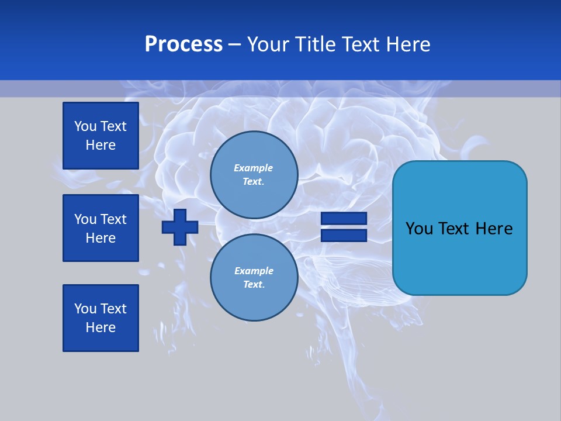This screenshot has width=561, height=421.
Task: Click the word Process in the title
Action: coord(183,44)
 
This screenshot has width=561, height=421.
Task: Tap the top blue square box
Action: coord(101,136)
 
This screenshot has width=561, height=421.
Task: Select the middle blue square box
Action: coord(101,228)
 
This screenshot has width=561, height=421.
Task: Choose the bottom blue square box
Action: coord(101,318)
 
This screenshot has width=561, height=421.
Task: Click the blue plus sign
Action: coord(180,227)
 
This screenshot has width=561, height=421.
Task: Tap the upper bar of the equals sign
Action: coord(344,219)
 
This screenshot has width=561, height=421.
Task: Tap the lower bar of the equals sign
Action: coord(344,235)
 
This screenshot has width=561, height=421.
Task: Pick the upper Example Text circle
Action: coord(254,175)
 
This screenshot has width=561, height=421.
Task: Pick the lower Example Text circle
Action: coord(254,278)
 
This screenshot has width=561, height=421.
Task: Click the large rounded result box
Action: coord(459,257)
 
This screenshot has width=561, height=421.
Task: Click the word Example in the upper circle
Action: coord(253,168)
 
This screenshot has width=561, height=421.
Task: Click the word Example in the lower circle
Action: coord(254,271)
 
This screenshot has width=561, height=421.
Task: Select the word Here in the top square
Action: coord(101,145)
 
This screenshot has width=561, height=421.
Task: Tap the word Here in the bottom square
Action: coord(101,327)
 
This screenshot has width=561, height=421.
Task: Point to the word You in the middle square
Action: coord(85,219)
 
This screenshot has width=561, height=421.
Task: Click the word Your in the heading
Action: coord(267,44)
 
